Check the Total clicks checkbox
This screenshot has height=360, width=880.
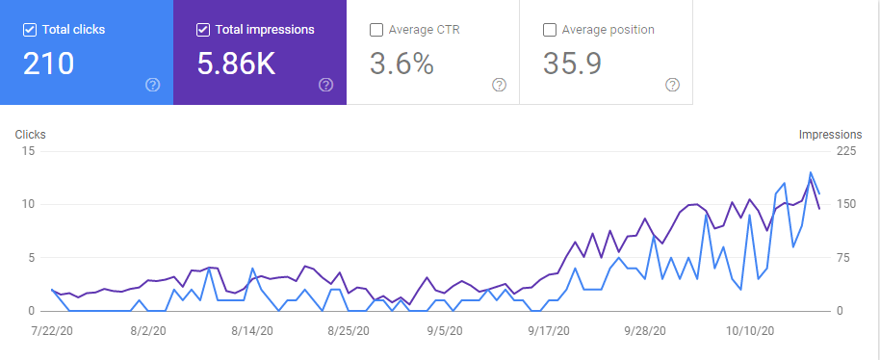(30, 30)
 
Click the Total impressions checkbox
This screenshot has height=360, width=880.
(203, 30)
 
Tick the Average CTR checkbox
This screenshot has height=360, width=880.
(376, 30)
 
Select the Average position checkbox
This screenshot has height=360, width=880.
(550, 30)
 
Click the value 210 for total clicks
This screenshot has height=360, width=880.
(48, 63)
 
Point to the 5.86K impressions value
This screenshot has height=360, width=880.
(236, 63)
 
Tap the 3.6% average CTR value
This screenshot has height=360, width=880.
(401, 63)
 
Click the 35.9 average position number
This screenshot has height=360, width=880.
(573, 63)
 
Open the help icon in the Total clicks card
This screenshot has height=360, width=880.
(153, 85)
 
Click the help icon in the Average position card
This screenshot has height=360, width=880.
(672, 85)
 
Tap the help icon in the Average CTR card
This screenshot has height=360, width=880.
(499, 85)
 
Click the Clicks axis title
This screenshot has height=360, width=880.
(30, 135)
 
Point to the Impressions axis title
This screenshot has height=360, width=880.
(831, 135)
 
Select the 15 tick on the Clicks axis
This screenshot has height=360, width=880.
(29, 151)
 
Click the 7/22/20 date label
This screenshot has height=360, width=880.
(52, 331)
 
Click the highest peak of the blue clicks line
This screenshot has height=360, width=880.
(811, 172)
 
